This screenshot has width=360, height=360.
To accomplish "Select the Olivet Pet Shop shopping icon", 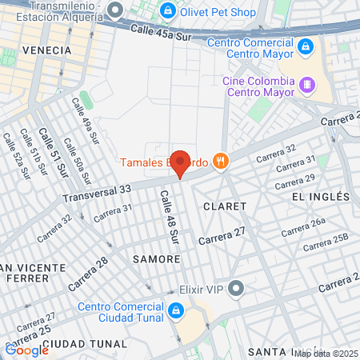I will (x=168, y=11).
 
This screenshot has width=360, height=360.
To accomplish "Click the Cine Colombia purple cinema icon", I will (x=306, y=83).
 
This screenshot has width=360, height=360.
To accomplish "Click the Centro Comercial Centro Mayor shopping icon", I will (x=305, y=48).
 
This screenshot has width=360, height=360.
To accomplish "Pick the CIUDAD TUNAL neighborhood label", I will (x=85, y=343).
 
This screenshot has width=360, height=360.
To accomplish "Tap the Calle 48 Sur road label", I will (x=169, y=217).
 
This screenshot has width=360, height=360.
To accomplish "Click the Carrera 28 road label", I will (x=89, y=274).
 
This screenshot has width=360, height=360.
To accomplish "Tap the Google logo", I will (x=26, y=350).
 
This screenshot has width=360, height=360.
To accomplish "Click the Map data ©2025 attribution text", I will (x=326, y=353).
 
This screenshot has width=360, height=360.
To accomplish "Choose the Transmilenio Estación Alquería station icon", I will (x=115, y=10).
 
